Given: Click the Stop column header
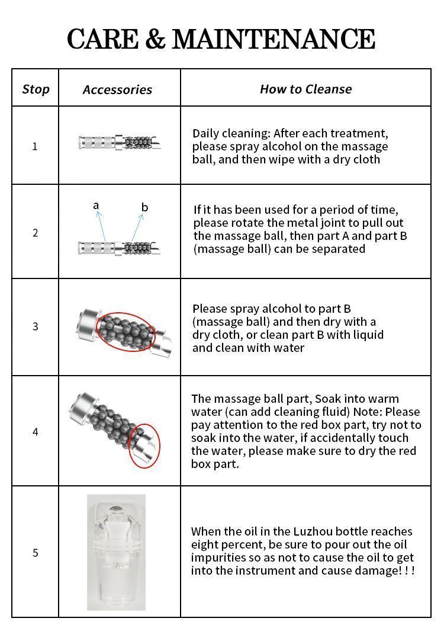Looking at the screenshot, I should click(x=36, y=89).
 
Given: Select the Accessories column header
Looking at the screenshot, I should click(x=117, y=90).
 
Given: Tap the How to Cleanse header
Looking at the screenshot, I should click(x=305, y=89).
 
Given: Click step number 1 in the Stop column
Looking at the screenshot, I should click(x=35, y=146).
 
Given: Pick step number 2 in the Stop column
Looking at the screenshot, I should click(x=35, y=233).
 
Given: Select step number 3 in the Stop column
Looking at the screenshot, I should click(x=35, y=326).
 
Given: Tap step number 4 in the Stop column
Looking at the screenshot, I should click(x=35, y=432).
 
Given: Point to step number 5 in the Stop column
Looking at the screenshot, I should click(x=35, y=553).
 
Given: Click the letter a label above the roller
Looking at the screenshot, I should click(x=96, y=206).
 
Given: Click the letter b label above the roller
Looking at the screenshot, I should click(x=144, y=207).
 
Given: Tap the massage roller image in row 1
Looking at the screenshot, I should click(x=120, y=143).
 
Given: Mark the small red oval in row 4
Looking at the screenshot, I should click(x=144, y=445).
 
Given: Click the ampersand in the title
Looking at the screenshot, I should click(x=155, y=39).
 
